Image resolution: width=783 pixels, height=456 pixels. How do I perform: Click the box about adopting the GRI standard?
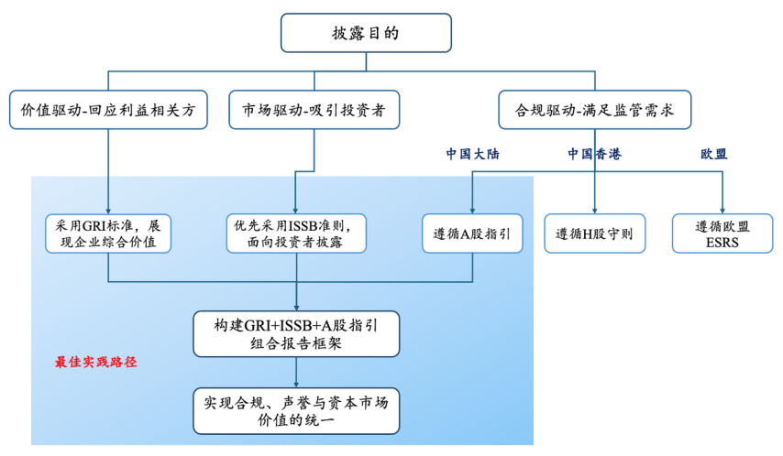(x=108, y=233)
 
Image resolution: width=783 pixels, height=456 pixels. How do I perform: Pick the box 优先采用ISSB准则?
(x=295, y=233)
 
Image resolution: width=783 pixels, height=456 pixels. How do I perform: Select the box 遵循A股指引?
(x=472, y=233)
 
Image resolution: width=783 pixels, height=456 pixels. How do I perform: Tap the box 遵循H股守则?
(x=594, y=233)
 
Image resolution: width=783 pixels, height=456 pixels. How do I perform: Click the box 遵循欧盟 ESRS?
(x=722, y=233)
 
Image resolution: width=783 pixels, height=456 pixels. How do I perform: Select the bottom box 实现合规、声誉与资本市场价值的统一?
(x=296, y=409)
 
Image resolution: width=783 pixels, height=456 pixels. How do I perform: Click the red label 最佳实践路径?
(x=95, y=362)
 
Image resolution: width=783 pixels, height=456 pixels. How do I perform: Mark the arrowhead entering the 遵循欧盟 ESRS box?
(x=722, y=210)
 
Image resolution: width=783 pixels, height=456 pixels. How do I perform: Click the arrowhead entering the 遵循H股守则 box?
(x=594, y=210)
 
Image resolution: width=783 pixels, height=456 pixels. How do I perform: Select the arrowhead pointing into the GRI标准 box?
(x=108, y=210)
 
